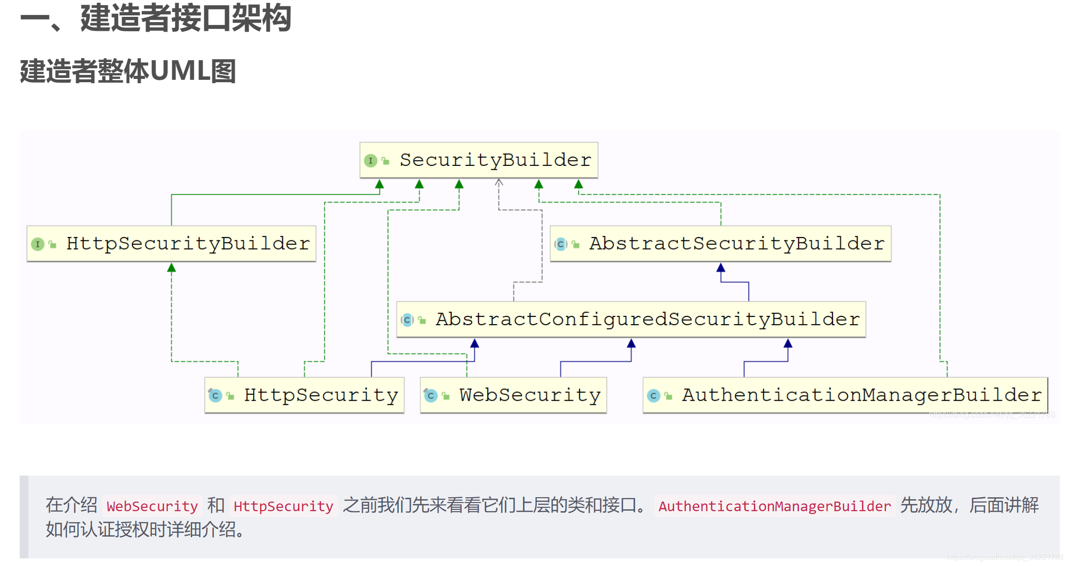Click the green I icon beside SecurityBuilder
point(370,161)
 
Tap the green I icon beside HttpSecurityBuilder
point(37,244)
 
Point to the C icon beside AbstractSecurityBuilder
point(561,244)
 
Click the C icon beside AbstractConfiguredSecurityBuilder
point(407,320)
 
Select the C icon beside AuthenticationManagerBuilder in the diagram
point(653,396)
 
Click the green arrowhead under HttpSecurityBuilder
point(172,268)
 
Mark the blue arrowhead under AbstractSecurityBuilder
point(721,268)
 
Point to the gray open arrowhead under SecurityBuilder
point(499,183)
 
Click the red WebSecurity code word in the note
point(152,506)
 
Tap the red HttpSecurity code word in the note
point(283,506)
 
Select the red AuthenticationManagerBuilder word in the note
point(774,506)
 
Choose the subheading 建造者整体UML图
point(128,71)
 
